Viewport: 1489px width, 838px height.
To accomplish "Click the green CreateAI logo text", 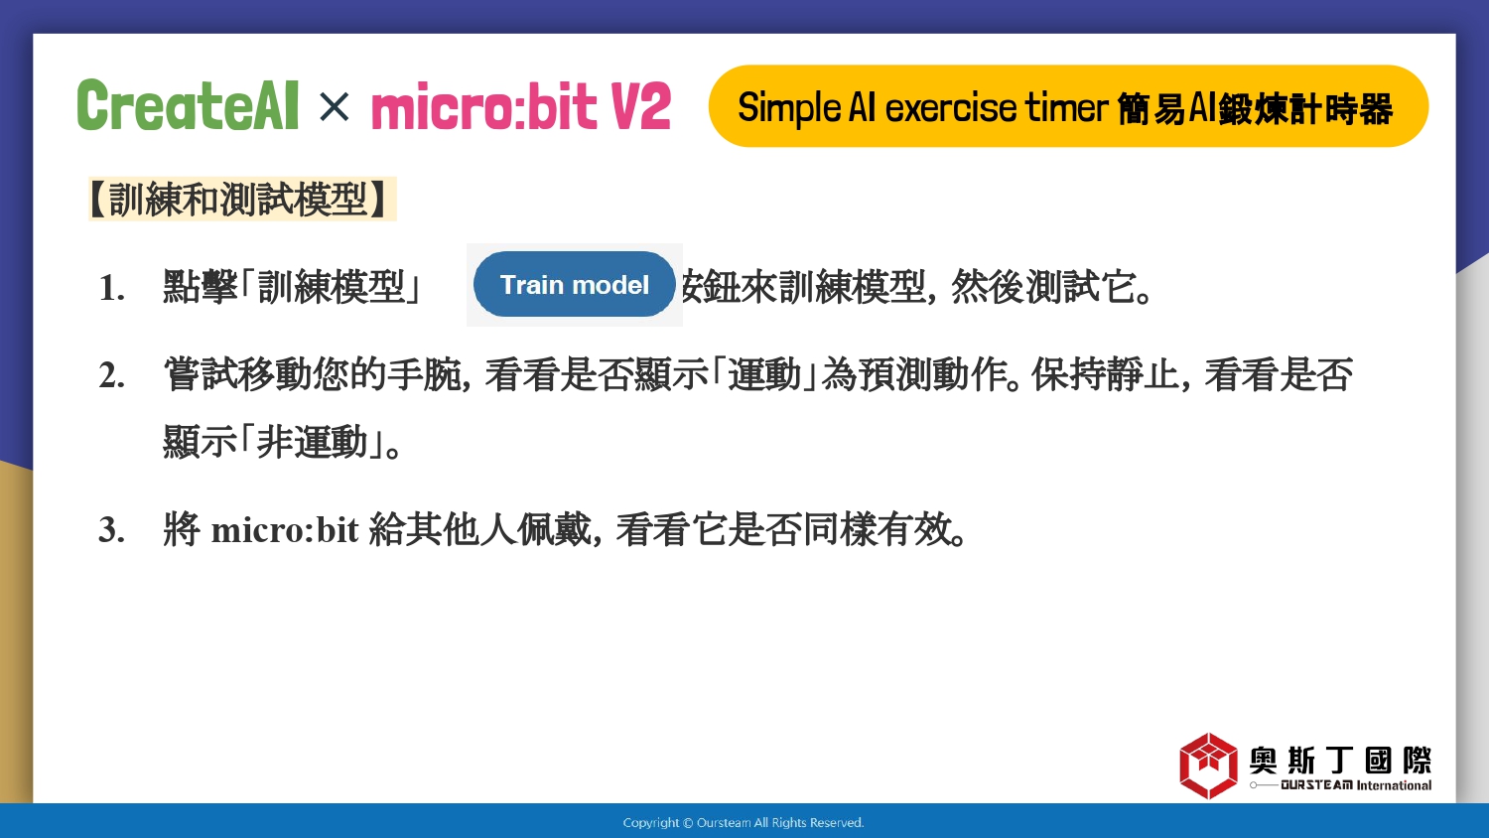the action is pyautogui.click(x=188, y=105).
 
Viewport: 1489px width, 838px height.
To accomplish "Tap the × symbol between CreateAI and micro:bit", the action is pyautogui.click(x=334, y=106).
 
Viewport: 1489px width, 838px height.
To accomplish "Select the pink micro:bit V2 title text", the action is pyautogui.click(x=520, y=106).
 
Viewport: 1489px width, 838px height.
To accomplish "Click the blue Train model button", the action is pyautogui.click(x=575, y=285).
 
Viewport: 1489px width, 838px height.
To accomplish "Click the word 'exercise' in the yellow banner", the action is pyautogui.click(x=951, y=108).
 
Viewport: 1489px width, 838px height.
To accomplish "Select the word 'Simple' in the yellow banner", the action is pyautogui.click(x=789, y=109).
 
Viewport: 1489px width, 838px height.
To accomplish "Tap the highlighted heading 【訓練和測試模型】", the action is pyautogui.click(x=242, y=199).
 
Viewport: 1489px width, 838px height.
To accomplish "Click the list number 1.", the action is pyautogui.click(x=111, y=289).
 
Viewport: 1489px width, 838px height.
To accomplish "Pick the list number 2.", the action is pyautogui.click(x=111, y=375).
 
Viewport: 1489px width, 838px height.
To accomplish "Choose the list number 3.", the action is pyautogui.click(x=111, y=530).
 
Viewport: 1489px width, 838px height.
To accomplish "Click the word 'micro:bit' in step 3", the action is pyautogui.click(x=285, y=530).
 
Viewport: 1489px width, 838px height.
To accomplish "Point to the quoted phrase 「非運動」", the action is pyautogui.click(x=311, y=442).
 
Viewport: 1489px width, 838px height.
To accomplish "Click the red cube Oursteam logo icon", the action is pyautogui.click(x=1208, y=766).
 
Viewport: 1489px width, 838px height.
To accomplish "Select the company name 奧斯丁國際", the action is pyautogui.click(x=1340, y=760).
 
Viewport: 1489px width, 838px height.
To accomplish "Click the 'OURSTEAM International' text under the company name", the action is pyautogui.click(x=1356, y=785).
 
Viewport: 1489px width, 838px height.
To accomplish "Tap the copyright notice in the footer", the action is pyautogui.click(x=744, y=823).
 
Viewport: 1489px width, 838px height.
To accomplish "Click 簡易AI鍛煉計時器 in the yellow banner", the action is pyautogui.click(x=1255, y=109).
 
